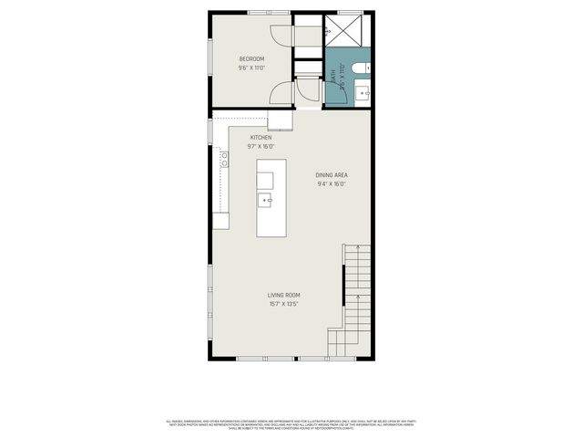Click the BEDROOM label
[x=252, y=59]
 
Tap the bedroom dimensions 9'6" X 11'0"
[x=252, y=68]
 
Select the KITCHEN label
[x=261, y=138]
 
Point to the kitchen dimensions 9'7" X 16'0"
[x=261, y=147]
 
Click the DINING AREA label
[x=332, y=175]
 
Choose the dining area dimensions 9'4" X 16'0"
[x=332, y=184]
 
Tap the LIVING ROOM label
[x=283, y=295]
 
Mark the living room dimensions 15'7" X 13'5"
[x=283, y=304]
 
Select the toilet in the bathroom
[x=363, y=66]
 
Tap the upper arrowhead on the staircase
[x=358, y=248]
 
